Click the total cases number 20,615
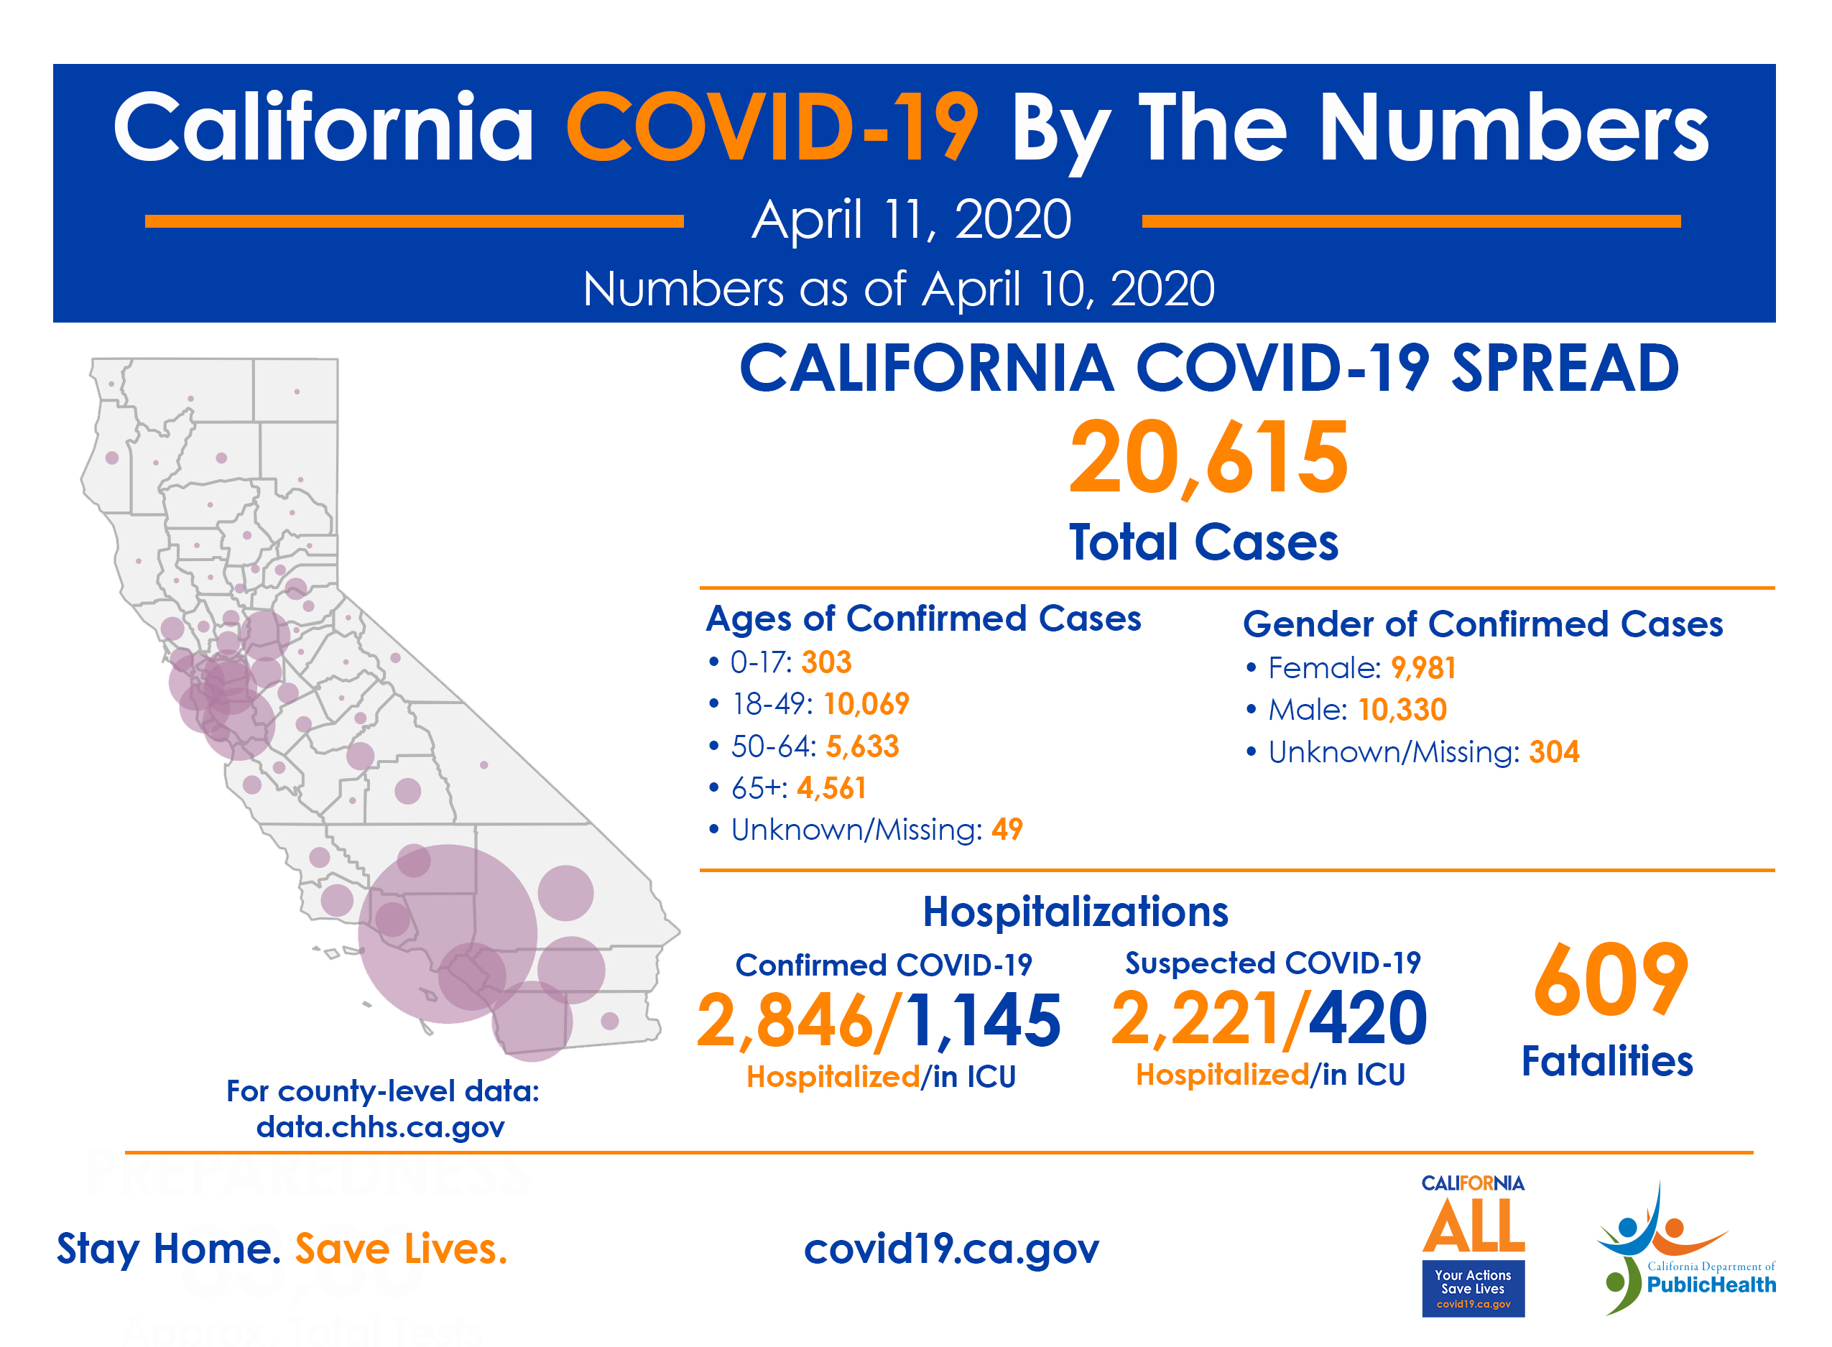pyautogui.click(x=1208, y=458)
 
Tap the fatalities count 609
pyautogui.click(x=1610, y=981)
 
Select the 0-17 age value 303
pyautogui.click(x=826, y=662)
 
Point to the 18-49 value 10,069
pyautogui.click(x=866, y=703)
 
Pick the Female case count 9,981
pyautogui.click(x=1422, y=668)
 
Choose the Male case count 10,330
pyautogui.click(x=1402, y=709)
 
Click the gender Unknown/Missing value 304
pyautogui.click(x=1553, y=751)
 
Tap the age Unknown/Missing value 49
pyautogui.click(x=1007, y=829)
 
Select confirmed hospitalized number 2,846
pyautogui.click(x=785, y=1021)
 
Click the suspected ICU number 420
pyautogui.click(x=1367, y=1019)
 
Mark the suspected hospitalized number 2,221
pyautogui.click(x=1197, y=1019)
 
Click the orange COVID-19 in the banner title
pyautogui.click(x=772, y=128)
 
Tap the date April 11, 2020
pyautogui.click(x=911, y=219)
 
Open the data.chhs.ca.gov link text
pyautogui.click(x=380, y=1127)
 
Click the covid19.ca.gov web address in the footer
pyautogui.click(x=950, y=1249)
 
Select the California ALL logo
pyautogui.click(x=1473, y=1244)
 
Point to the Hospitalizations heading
pyautogui.click(x=1075, y=912)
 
